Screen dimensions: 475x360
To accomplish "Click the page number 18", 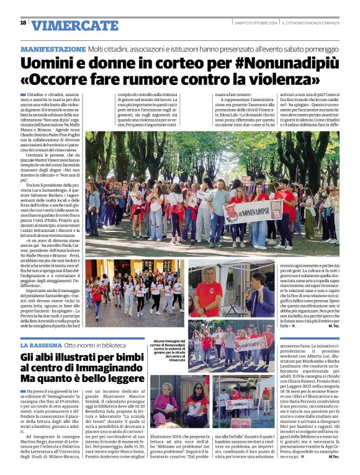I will pos(23,22).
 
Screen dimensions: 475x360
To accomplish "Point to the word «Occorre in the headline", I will pos(59,80).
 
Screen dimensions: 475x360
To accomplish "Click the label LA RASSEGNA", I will pos(40,345).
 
